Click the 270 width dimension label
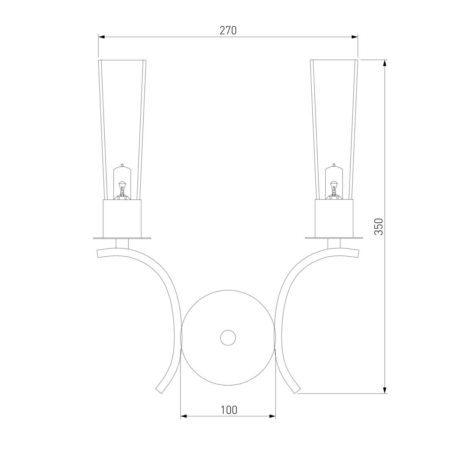point(228,30)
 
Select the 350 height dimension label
point(378,226)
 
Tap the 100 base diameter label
point(229,410)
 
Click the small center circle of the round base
point(228,338)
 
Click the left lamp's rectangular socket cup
point(122,219)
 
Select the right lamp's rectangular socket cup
point(334,219)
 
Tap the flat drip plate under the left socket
point(122,238)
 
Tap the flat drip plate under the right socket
point(334,238)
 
